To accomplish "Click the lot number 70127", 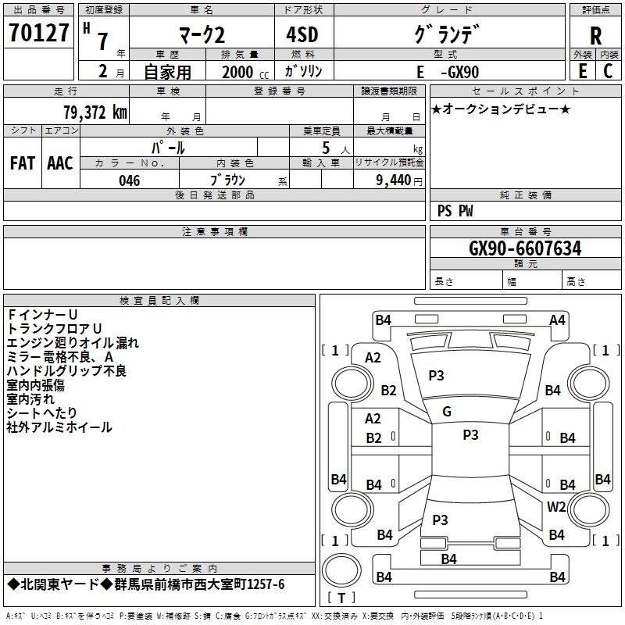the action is [x=38, y=33].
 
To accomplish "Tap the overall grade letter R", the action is [x=595, y=36].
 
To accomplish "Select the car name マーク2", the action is [x=202, y=35].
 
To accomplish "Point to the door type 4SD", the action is [x=302, y=34].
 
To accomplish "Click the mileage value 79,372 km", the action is [x=95, y=112].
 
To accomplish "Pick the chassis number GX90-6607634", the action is [x=525, y=248].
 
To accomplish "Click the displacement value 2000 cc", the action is [x=245, y=72].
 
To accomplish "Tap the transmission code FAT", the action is [x=23, y=163].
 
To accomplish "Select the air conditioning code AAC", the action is [x=60, y=163].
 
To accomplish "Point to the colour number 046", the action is [x=130, y=180].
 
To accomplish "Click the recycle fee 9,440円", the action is [x=399, y=180].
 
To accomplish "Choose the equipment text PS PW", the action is [x=455, y=211].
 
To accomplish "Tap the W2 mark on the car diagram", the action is [x=556, y=506].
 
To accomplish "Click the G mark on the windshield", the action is [x=447, y=412].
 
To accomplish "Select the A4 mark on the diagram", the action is [x=557, y=320].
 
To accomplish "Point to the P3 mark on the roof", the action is [x=470, y=435].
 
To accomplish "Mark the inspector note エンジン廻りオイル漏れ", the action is [x=73, y=343].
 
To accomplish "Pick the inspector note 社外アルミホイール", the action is [x=59, y=427].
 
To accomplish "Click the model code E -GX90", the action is [x=448, y=72].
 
